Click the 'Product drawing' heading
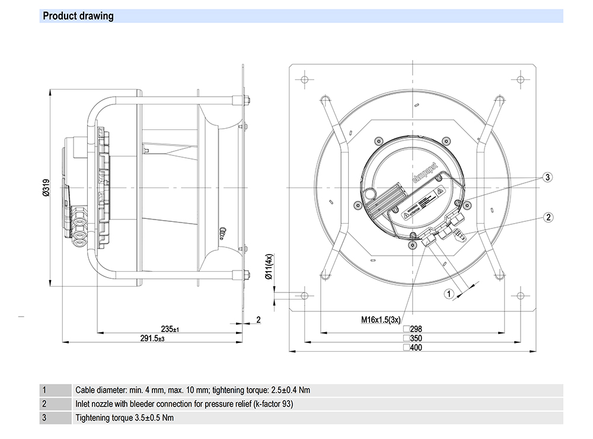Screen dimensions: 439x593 pos(77,16)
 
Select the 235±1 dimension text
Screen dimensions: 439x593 pos(170,329)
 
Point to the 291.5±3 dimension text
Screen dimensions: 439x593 pos(152,338)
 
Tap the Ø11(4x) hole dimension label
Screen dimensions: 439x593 pos(269,267)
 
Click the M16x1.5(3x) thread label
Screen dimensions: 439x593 pos(382,320)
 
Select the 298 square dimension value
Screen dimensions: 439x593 pos(416,329)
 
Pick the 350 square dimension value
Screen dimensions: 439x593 pos(416,338)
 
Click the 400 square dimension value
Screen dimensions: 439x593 pos(416,348)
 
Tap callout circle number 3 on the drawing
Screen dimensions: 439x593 pos(549,177)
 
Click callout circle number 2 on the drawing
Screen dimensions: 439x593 pos(549,217)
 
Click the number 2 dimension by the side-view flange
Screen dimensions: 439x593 pos(258,320)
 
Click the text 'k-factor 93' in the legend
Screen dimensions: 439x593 pos(272,404)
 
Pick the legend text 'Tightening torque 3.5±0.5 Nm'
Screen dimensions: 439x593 pos(125,418)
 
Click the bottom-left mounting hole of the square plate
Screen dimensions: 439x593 pos(304,295)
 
